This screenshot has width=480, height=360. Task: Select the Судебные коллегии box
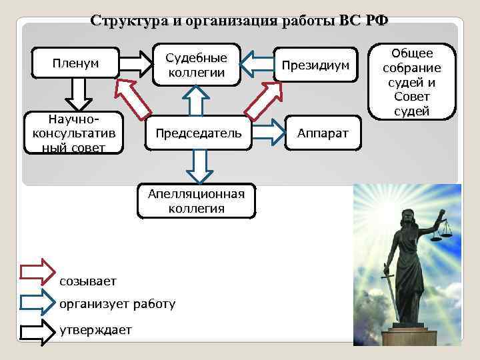click(196, 65)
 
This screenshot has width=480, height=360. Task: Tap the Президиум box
click(315, 65)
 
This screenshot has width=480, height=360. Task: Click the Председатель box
click(199, 133)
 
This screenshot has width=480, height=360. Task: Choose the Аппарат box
click(323, 133)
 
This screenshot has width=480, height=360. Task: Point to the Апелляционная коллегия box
click(196, 201)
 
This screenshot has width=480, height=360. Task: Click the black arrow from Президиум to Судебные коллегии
click(256, 64)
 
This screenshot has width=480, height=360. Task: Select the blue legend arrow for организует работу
click(37, 301)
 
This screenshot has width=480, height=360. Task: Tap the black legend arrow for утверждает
click(37, 329)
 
